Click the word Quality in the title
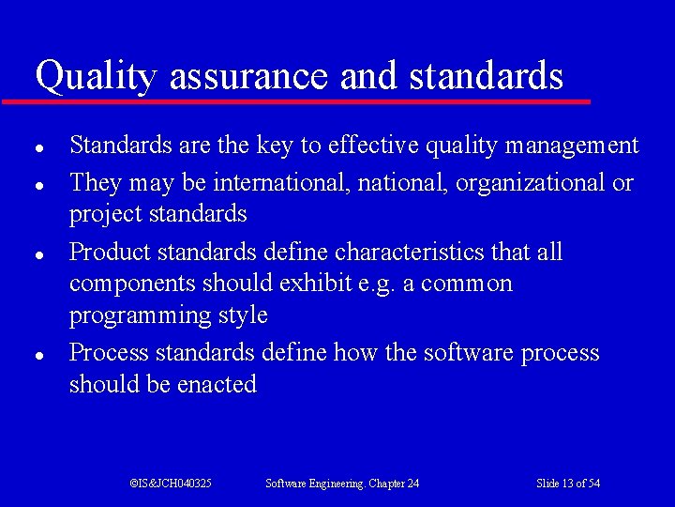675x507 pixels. (95, 75)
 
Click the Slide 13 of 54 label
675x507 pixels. (568, 484)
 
